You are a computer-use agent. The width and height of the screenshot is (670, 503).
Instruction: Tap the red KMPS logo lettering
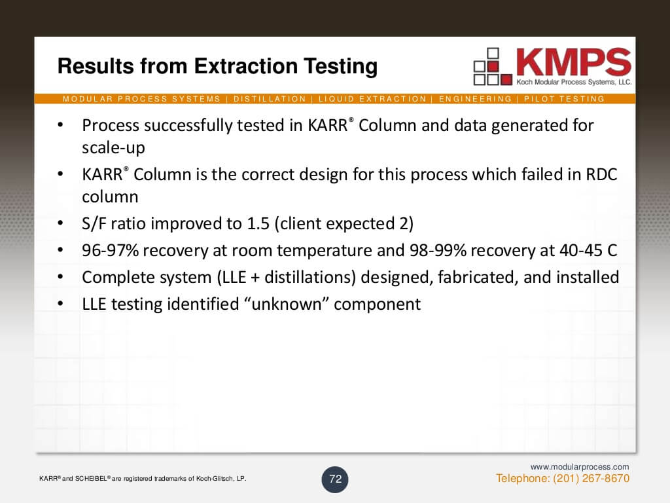point(573,62)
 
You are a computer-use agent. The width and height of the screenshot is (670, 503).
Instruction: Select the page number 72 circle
point(335,479)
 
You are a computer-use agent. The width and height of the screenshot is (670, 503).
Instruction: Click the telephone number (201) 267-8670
point(591,478)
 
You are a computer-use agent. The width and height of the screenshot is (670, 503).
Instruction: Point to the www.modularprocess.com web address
point(580,466)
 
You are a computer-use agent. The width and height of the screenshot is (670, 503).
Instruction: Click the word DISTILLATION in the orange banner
point(270,99)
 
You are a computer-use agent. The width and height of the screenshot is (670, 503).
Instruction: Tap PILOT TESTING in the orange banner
point(564,99)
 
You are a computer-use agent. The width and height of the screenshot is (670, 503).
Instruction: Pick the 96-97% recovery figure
point(110,250)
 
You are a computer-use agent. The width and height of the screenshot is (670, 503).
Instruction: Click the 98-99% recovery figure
point(438,250)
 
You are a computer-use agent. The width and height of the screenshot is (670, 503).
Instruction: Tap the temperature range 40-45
point(581,250)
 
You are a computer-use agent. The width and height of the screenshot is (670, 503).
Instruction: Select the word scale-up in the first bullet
point(113,148)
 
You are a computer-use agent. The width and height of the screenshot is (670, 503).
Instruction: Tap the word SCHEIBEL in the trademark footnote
point(91,479)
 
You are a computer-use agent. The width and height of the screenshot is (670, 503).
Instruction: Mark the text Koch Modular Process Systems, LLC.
point(574,82)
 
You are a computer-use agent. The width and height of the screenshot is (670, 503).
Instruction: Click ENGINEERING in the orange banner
point(475,99)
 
